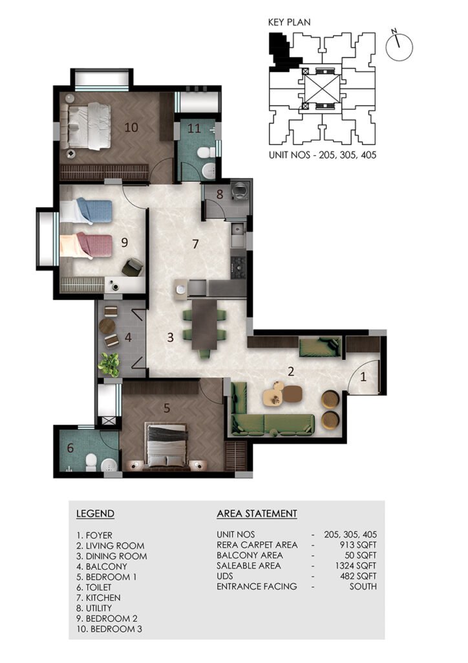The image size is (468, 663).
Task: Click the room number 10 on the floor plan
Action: point(131,127)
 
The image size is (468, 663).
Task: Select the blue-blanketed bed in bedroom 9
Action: point(87,212)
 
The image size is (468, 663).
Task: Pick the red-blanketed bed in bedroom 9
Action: point(87,245)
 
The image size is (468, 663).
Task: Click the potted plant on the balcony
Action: point(109,365)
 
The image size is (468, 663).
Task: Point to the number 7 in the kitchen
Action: point(195,244)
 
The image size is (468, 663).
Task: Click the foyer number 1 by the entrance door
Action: point(363,376)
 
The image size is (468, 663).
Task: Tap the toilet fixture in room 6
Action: point(91,462)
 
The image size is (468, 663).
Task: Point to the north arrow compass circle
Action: point(399,47)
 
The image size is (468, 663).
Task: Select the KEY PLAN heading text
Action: point(289,22)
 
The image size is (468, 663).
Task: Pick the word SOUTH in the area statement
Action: point(363,587)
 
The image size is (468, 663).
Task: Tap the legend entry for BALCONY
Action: point(101,567)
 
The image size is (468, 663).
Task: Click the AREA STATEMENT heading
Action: point(257,513)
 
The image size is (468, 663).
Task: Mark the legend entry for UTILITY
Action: point(94,608)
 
